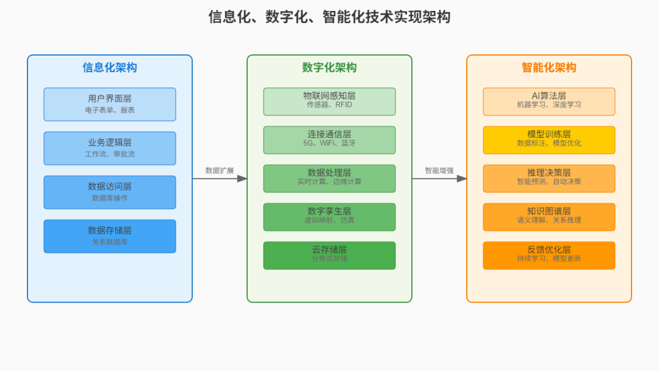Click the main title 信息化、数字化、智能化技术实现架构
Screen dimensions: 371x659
coord(329,16)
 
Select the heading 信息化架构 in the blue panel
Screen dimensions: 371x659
coord(110,68)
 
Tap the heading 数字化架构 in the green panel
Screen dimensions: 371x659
coord(329,68)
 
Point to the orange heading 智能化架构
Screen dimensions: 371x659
coord(549,68)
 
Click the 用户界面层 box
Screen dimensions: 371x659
coord(110,104)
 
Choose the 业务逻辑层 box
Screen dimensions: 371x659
coord(110,148)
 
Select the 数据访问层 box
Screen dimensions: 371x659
coord(110,192)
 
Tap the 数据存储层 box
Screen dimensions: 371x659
coord(110,236)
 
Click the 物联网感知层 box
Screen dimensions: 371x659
coord(329,101)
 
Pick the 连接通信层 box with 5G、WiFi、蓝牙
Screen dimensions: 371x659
coord(329,140)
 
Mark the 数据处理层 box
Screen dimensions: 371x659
coord(329,178)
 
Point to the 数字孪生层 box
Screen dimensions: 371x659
coord(329,217)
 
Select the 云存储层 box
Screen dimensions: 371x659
coord(329,255)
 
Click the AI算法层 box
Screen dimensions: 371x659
coord(549,101)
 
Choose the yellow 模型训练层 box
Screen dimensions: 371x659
coord(549,140)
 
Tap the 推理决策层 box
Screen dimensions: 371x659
coord(549,178)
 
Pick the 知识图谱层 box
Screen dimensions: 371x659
coord(549,217)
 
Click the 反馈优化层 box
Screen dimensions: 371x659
coord(549,255)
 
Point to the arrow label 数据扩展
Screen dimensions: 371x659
coord(220,171)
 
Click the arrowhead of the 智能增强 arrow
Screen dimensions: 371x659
coord(462,179)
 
